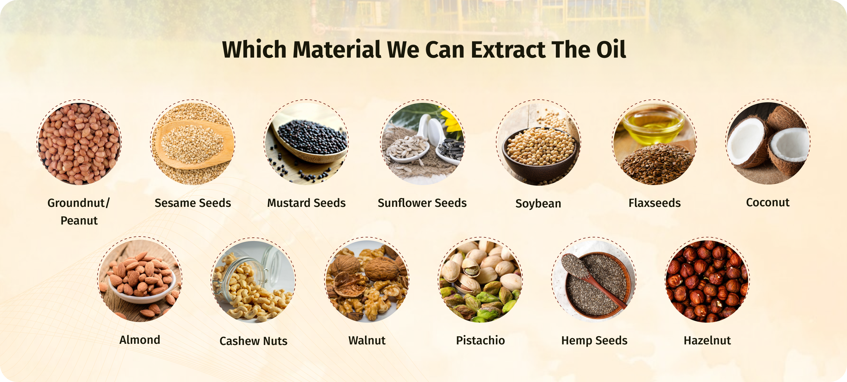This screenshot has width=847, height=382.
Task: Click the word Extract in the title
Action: tap(508, 50)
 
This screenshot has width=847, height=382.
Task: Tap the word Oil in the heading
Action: tap(611, 50)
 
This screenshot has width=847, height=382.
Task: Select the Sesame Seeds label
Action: tap(193, 203)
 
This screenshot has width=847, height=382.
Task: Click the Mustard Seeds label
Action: tap(306, 203)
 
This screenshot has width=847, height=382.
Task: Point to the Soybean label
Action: tap(538, 204)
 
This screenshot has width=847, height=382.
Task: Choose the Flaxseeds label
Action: tap(655, 203)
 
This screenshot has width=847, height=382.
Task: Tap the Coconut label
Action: tap(768, 202)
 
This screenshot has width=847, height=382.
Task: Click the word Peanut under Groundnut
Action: tap(79, 220)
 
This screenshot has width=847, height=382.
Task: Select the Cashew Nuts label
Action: tap(253, 341)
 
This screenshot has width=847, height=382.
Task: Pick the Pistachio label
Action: tap(480, 340)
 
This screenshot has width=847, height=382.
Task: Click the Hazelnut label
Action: tap(707, 340)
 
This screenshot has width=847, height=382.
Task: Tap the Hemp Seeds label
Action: tap(594, 341)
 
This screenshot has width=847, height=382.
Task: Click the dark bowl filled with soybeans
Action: tap(539, 154)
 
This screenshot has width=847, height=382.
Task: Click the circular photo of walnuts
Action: tap(367, 281)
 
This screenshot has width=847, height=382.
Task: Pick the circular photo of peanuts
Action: tap(79, 143)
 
